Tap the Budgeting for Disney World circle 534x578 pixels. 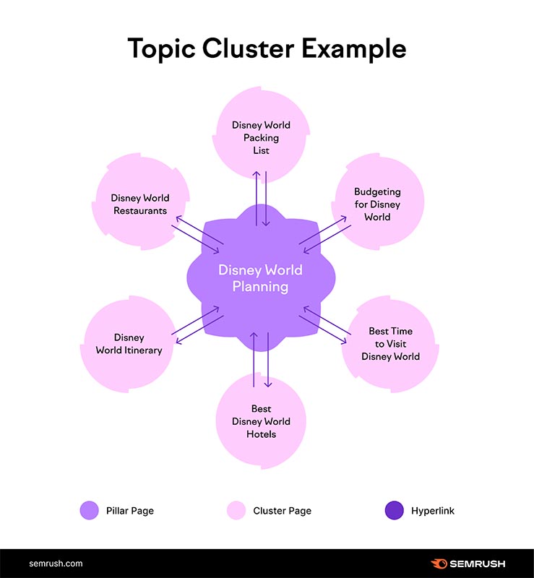377,204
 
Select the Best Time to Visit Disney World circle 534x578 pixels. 390,344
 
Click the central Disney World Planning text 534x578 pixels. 260,278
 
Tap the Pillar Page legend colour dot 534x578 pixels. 89,511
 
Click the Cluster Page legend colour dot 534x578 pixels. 236,511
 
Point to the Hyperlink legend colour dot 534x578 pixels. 393,511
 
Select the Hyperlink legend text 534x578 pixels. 433,511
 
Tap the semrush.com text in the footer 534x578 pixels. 56,564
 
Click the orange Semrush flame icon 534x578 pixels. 439,564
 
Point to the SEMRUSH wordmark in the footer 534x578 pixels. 478,564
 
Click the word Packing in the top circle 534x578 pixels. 261,138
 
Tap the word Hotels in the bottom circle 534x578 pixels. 261,434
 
